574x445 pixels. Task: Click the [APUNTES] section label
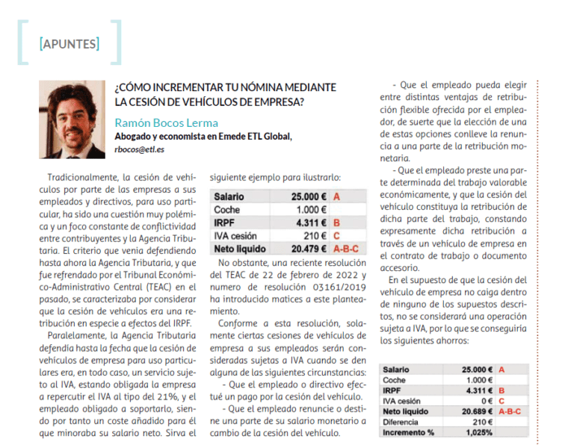click(69, 43)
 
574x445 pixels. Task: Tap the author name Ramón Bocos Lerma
click(166, 122)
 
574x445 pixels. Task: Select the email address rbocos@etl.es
click(140, 149)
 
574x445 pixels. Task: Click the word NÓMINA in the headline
click(248, 87)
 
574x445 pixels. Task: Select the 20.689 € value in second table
click(477, 411)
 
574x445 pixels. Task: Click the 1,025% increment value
click(479, 432)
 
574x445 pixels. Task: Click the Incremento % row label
click(407, 432)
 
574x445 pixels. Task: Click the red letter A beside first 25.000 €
click(337, 196)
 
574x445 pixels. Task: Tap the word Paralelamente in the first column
click(78, 336)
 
